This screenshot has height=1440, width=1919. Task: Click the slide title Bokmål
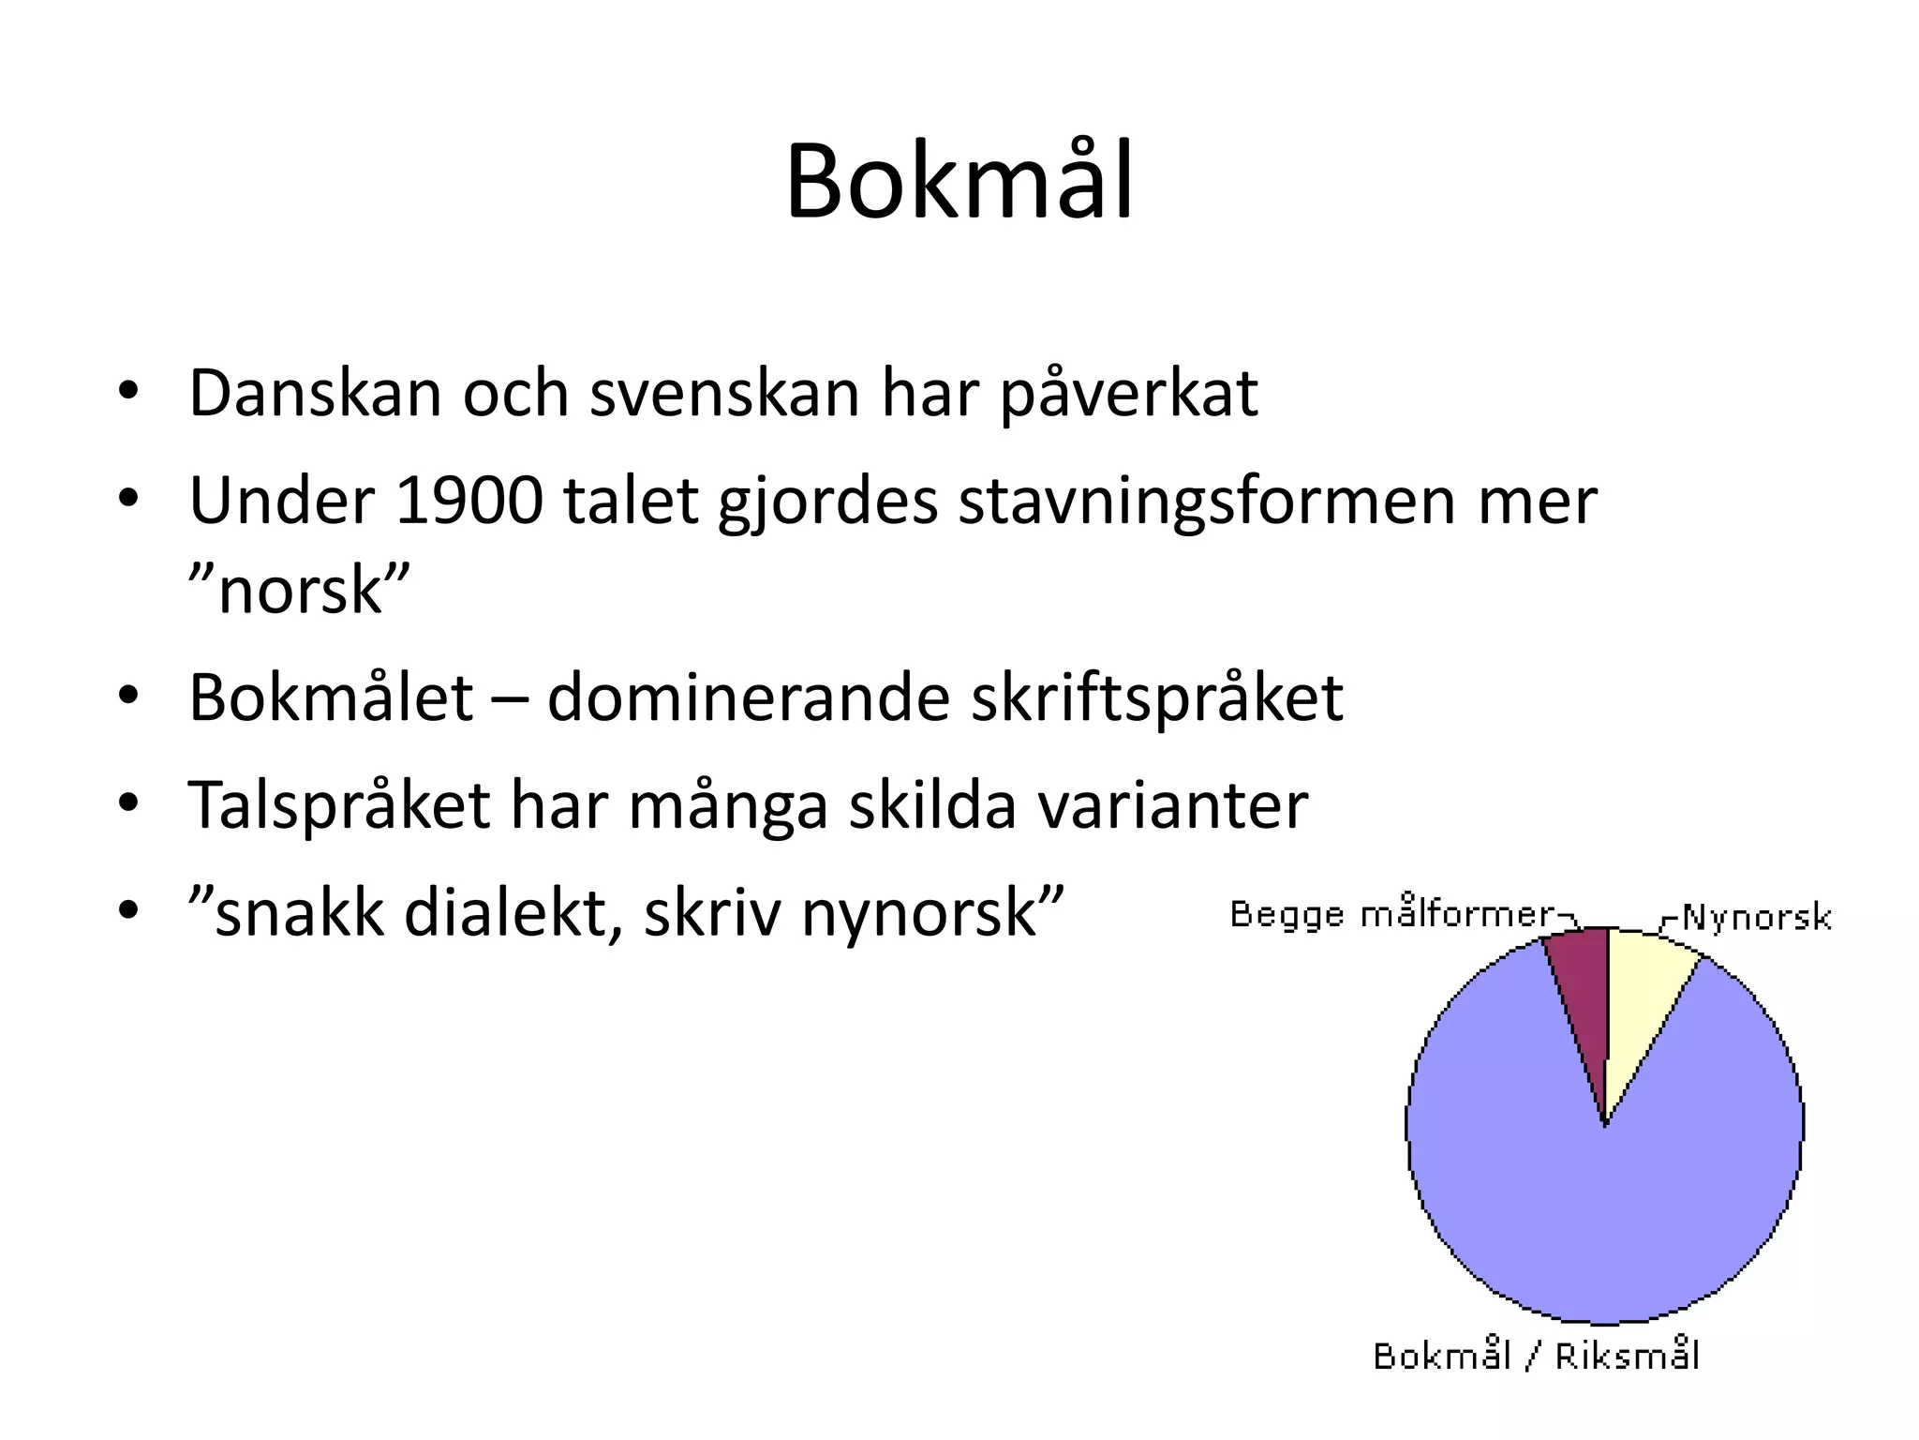[959, 182]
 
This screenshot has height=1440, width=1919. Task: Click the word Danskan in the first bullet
[314, 394]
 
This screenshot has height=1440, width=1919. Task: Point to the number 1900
[469, 501]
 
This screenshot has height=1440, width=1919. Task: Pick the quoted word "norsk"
[300, 591]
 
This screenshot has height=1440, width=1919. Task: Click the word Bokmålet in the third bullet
[330, 698]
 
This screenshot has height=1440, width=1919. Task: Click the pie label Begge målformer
[1391, 915]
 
